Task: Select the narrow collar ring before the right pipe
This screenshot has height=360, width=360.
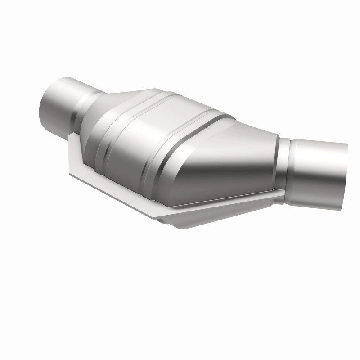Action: (283, 166)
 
